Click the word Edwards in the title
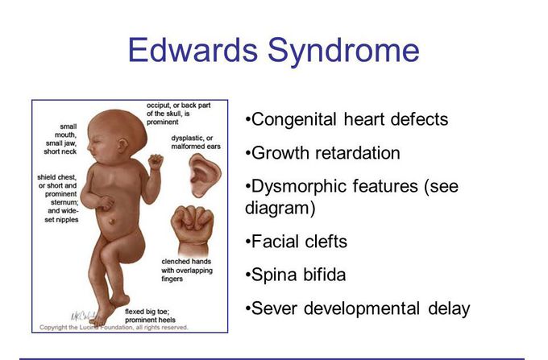(x=193, y=50)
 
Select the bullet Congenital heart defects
(x=347, y=119)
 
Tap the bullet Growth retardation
(x=322, y=153)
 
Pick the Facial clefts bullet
(x=297, y=242)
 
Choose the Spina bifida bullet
(x=296, y=275)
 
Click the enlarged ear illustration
(x=205, y=175)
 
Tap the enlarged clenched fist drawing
(x=193, y=230)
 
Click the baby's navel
(x=112, y=221)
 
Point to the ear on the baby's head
(x=122, y=145)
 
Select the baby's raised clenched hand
(x=156, y=162)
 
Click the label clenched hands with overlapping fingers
(x=187, y=270)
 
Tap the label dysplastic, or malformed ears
(x=196, y=143)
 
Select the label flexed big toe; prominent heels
(x=150, y=316)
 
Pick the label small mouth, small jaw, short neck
(x=60, y=139)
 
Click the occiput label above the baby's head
(x=179, y=114)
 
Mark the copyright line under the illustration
(x=114, y=327)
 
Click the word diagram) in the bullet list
(x=280, y=208)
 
